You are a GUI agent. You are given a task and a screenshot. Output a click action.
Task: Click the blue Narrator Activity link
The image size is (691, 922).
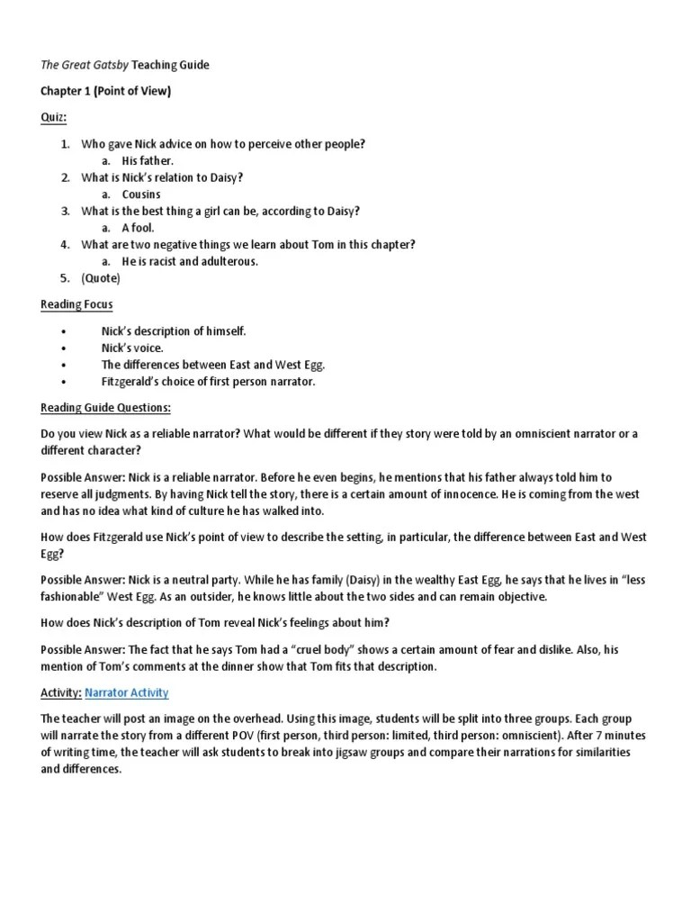pyautogui.click(x=127, y=692)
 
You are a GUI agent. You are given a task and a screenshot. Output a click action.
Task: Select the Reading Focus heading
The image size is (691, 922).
pyautogui.click(x=76, y=304)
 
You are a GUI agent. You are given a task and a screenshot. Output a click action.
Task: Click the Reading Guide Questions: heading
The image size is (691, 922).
pyautogui.click(x=105, y=408)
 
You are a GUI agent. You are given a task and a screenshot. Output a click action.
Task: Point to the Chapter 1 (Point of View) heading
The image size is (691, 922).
pyautogui.click(x=105, y=91)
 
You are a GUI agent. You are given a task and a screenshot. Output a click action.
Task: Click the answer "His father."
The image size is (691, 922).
pyautogui.click(x=148, y=160)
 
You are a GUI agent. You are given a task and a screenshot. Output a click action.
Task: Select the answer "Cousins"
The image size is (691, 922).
pyautogui.click(x=142, y=194)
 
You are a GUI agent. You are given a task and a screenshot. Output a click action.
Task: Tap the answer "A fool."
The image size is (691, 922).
pyautogui.click(x=139, y=228)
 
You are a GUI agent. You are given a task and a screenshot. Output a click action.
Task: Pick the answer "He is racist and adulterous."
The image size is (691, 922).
pyautogui.click(x=190, y=261)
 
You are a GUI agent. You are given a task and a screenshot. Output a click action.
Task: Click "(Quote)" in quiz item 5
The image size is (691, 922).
pyautogui.click(x=101, y=278)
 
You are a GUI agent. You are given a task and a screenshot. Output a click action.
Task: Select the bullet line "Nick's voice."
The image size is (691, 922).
pyautogui.click(x=132, y=348)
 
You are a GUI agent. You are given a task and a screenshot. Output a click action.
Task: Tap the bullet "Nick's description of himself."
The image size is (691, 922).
pyautogui.click(x=174, y=331)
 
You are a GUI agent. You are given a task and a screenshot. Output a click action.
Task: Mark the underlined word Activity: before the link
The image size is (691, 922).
pyautogui.click(x=61, y=692)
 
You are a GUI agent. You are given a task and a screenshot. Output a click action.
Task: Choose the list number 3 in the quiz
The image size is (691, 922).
pyautogui.click(x=65, y=211)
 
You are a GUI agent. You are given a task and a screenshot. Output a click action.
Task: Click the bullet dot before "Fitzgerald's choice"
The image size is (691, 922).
pyautogui.click(x=64, y=382)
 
